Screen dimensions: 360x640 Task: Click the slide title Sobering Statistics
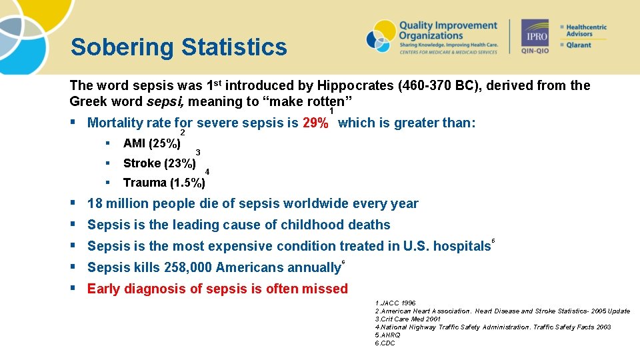pos(179,47)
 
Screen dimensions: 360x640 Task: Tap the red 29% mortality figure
pos(315,123)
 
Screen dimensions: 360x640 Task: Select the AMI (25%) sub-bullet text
pos(151,143)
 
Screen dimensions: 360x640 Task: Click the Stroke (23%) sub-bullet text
pos(159,163)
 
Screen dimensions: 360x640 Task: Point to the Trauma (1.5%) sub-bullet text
pos(164,183)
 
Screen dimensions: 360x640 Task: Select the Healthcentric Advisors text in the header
pos(586,30)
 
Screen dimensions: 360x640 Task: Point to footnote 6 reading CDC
pos(385,343)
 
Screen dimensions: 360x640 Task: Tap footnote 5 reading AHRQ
pos(388,335)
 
